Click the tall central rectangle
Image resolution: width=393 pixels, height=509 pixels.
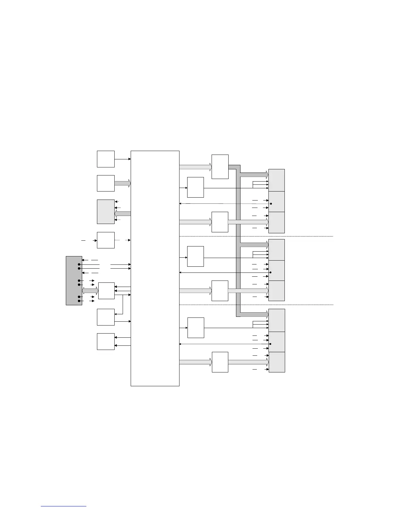point(155,268)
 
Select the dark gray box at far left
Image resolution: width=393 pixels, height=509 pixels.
point(74,280)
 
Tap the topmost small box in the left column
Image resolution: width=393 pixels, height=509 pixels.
point(106,159)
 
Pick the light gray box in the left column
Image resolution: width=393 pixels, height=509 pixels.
point(106,211)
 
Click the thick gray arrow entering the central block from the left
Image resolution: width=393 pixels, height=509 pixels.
point(123,183)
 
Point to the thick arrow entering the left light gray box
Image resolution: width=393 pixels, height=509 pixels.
point(123,214)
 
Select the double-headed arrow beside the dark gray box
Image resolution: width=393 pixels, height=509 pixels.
point(90,291)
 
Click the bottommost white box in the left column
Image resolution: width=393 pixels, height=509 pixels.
point(106,341)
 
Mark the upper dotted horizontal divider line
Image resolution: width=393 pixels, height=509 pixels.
point(256,236)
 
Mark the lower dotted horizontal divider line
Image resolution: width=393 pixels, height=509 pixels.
point(256,305)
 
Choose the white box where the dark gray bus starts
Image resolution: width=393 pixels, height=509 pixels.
point(220,166)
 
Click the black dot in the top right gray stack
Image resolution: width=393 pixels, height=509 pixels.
point(271,204)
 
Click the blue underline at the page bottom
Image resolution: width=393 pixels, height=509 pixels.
point(64,506)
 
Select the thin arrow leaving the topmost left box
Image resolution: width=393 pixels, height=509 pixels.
point(123,159)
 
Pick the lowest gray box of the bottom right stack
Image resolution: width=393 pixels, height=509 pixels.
point(277,362)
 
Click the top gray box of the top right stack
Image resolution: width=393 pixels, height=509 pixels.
point(276,180)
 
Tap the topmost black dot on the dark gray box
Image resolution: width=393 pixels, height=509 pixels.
point(79,264)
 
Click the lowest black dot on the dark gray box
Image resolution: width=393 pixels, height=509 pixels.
point(79,301)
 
